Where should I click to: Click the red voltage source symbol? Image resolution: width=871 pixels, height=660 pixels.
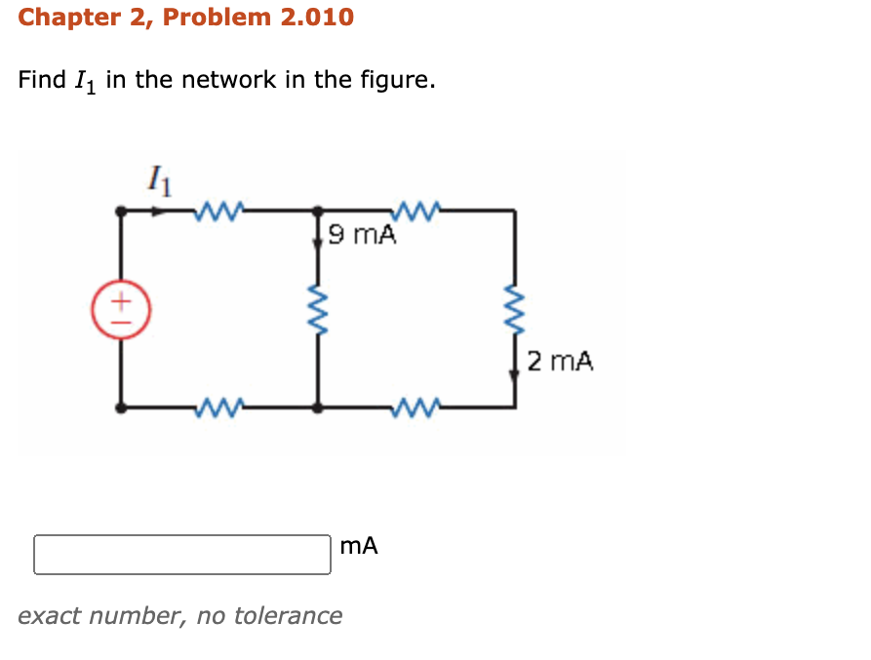(121, 310)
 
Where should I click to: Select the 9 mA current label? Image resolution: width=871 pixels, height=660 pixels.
(363, 235)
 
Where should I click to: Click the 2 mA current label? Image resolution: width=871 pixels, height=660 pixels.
(559, 362)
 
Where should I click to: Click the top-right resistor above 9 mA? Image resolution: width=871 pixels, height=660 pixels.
(417, 208)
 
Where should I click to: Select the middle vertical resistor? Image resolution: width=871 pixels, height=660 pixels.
(317, 310)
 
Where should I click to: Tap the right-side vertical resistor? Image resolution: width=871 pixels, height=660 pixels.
(514, 310)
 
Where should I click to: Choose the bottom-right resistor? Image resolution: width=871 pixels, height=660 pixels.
(417, 408)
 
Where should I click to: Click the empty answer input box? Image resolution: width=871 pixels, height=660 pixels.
(182, 554)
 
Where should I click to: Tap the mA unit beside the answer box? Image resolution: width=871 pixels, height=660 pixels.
(360, 547)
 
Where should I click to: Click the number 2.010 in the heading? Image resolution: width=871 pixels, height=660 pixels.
(317, 17)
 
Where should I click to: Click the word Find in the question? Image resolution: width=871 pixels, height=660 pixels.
(42, 80)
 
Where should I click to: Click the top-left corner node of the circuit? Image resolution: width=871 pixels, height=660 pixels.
(121, 210)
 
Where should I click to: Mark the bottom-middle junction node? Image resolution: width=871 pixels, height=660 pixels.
(317, 408)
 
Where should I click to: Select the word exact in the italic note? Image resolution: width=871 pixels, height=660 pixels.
(46, 615)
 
